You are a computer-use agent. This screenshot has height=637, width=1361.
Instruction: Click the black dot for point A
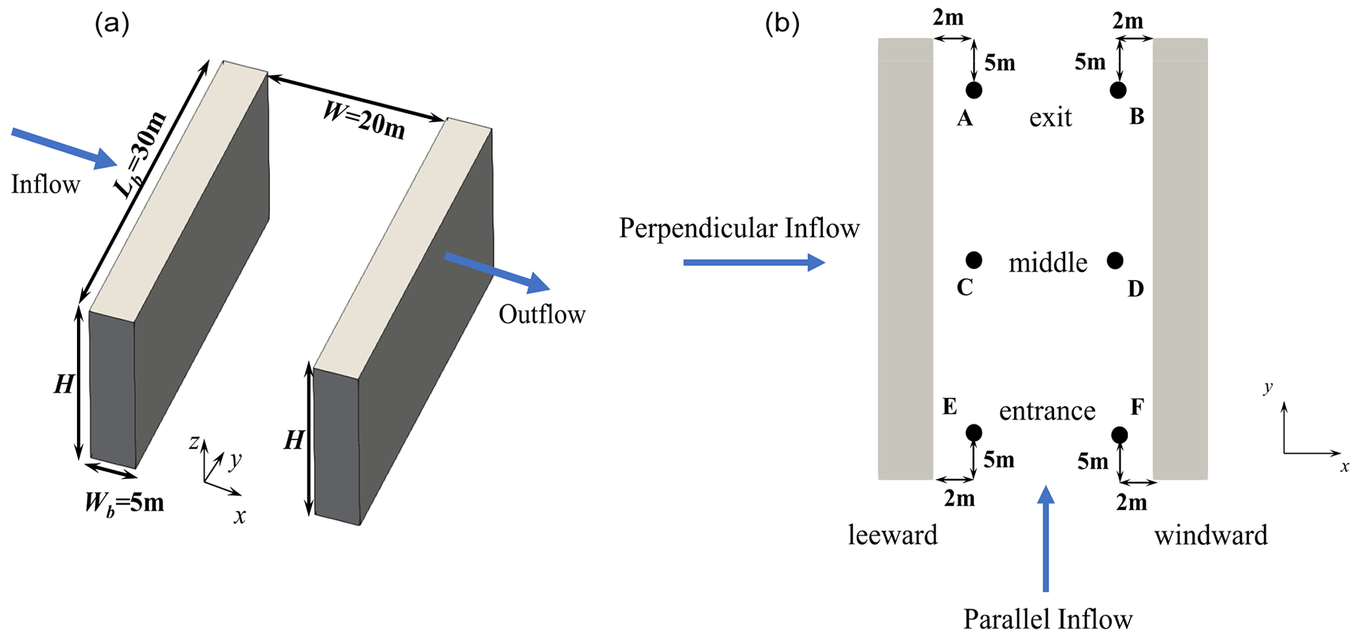(x=974, y=90)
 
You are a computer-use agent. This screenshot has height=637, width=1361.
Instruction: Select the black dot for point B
(x=1118, y=90)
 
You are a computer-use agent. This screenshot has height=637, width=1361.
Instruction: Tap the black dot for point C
(x=974, y=260)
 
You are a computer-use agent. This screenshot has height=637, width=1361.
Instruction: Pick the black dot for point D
(x=1115, y=260)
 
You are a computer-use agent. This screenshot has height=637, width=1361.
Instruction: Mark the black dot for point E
(x=974, y=433)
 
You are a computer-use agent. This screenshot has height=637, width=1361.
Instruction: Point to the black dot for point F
(x=1119, y=435)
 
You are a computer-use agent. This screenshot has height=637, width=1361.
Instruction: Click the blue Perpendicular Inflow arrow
(x=754, y=263)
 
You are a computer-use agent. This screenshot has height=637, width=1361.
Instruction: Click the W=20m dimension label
(x=364, y=121)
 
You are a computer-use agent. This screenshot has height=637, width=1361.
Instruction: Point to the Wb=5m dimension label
(x=124, y=503)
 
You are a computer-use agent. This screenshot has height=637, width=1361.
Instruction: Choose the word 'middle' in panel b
(x=1048, y=263)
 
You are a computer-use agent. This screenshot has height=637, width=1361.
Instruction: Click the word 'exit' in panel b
(x=1051, y=117)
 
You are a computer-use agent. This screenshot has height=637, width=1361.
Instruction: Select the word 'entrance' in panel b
(x=1047, y=411)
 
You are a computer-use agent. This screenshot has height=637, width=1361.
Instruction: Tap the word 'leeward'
(x=892, y=535)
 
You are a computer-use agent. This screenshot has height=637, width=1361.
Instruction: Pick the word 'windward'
(x=1211, y=535)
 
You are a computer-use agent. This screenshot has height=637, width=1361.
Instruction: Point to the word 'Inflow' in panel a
(x=45, y=184)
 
